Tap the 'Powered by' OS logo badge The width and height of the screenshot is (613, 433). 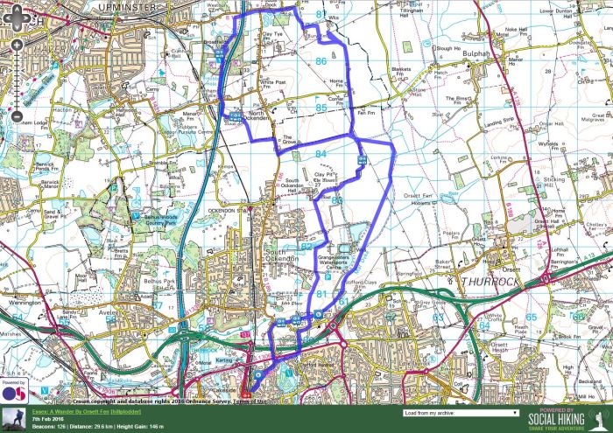coord(12,392)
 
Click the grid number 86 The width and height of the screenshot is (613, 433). coord(321,60)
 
